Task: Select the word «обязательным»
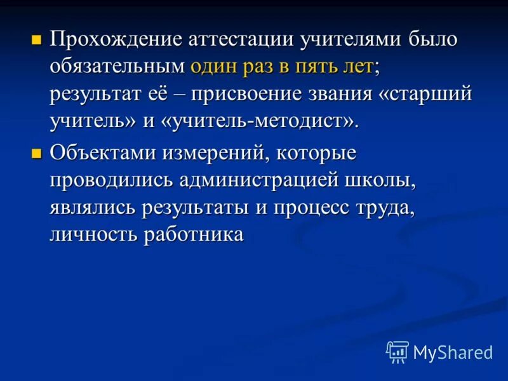(x=117, y=67)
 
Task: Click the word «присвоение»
(x=248, y=94)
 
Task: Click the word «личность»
(x=93, y=234)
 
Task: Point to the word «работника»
(x=194, y=234)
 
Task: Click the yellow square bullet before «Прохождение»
(x=37, y=39)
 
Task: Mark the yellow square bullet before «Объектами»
(x=37, y=152)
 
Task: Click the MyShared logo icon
(x=398, y=351)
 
